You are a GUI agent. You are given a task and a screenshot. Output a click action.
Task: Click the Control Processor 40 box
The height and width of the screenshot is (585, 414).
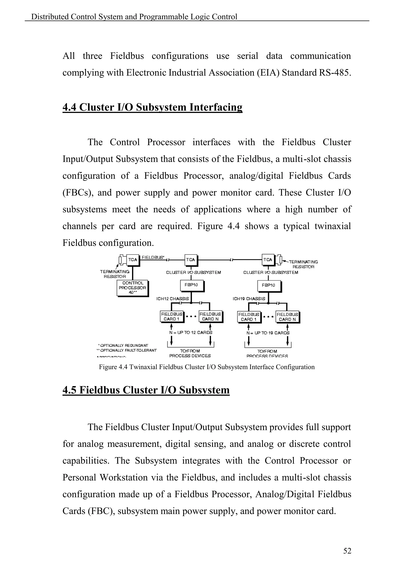pyautogui.click(x=132, y=288)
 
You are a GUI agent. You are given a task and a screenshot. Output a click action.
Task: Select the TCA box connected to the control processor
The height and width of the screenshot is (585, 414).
pyautogui.click(x=133, y=260)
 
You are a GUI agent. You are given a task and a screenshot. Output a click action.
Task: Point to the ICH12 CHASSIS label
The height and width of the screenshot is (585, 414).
pyautogui.click(x=173, y=299)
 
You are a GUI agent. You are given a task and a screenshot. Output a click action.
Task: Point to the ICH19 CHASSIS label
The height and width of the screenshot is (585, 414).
pyautogui.click(x=249, y=299)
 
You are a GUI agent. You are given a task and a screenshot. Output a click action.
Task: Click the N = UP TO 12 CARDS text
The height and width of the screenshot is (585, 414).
pyautogui.click(x=191, y=332)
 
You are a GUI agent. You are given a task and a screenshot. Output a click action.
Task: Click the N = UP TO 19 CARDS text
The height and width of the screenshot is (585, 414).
pyautogui.click(x=268, y=333)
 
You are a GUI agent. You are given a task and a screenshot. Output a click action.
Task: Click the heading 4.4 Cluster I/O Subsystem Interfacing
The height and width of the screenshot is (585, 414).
pyautogui.click(x=152, y=107)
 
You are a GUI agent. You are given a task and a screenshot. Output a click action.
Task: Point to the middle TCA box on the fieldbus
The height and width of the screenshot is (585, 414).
pyautogui.click(x=190, y=260)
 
